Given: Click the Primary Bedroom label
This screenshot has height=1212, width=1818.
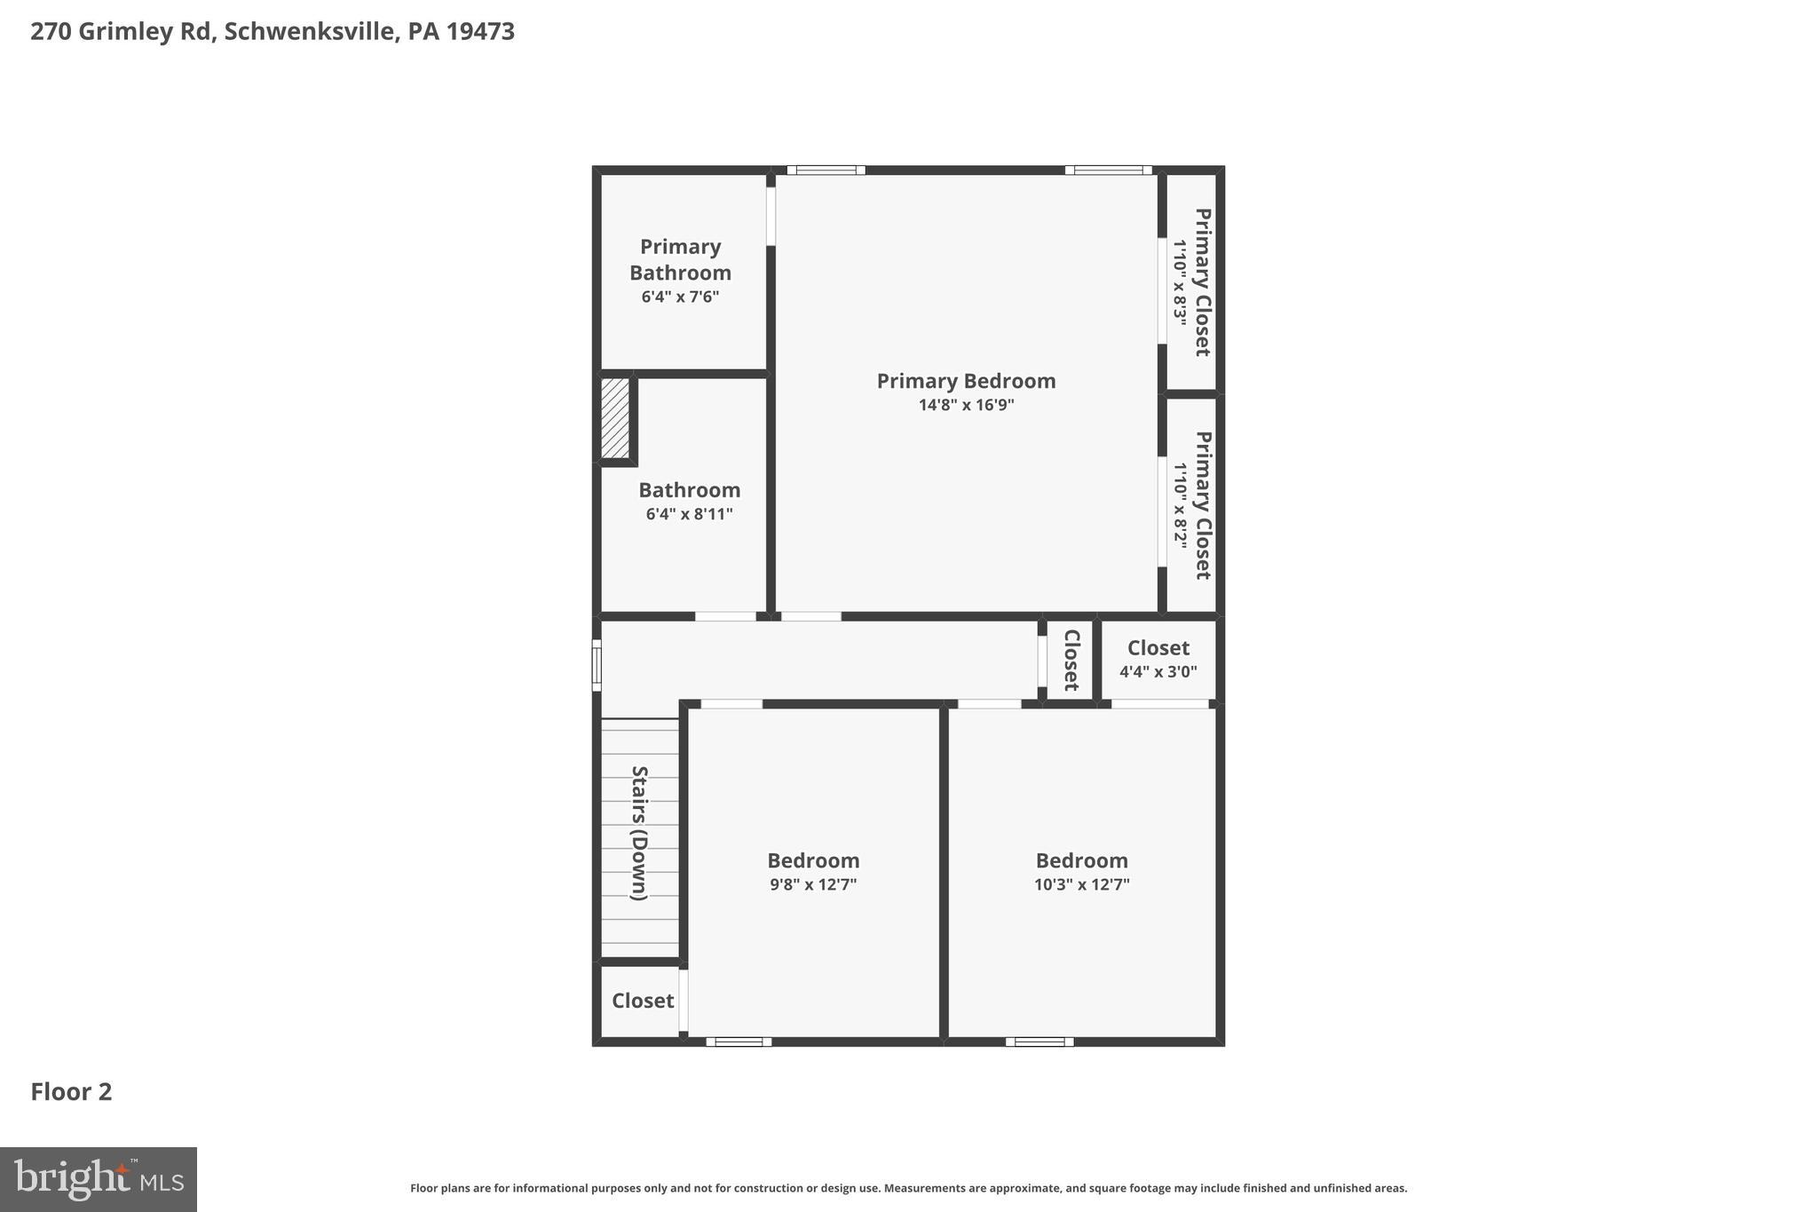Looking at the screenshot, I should pyautogui.click(x=966, y=381).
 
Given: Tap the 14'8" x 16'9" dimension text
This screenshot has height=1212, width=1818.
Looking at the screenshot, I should pyautogui.click(x=966, y=406).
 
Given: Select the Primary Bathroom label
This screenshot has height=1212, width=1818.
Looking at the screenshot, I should pyautogui.click(x=680, y=259).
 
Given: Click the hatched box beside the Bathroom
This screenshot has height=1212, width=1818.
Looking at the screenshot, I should pyautogui.click(x=615, y=418).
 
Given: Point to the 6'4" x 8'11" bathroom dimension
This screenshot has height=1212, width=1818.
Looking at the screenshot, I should pyautogui.click(x=689, y=514).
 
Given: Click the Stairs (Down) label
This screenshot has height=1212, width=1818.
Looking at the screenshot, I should pyautogui.click(x=639, y=833).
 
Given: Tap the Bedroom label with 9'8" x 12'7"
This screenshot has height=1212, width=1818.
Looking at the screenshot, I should pyautogui.click(x=813, y=860).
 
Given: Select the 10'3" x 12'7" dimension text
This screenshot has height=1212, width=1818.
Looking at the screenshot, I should pyautogui.click(x=1081, y=884).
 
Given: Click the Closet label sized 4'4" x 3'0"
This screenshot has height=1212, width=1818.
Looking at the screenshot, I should pyautogui.click(x=1158, y=648).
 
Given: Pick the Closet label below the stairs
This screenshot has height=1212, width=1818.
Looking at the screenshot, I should pyautogui.click(x=642, y=1001).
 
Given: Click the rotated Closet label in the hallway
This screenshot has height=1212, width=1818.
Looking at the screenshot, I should pyautogui.click(x=1071, y=660).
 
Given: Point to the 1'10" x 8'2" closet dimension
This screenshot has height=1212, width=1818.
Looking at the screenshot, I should pyautogui.click(x=1181, y=506).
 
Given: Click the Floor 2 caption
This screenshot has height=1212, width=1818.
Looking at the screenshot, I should pyautogui.click(x=71, y=1092).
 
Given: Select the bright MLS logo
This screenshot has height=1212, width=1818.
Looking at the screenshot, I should pyautogui.click(x=99, y=1179).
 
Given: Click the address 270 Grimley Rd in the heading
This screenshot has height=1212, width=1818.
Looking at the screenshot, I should pyautogui.click(x=122, y=32).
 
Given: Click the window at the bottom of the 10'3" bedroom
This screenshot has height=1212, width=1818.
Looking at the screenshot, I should pyautogui.click(x=1039, y=1042).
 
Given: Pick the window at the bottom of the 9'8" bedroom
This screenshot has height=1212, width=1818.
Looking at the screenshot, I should pyautogui.click(x=739, y=1042).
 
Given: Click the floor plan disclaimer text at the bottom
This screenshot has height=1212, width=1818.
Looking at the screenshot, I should pyautogui.click(x=908, y=1188).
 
